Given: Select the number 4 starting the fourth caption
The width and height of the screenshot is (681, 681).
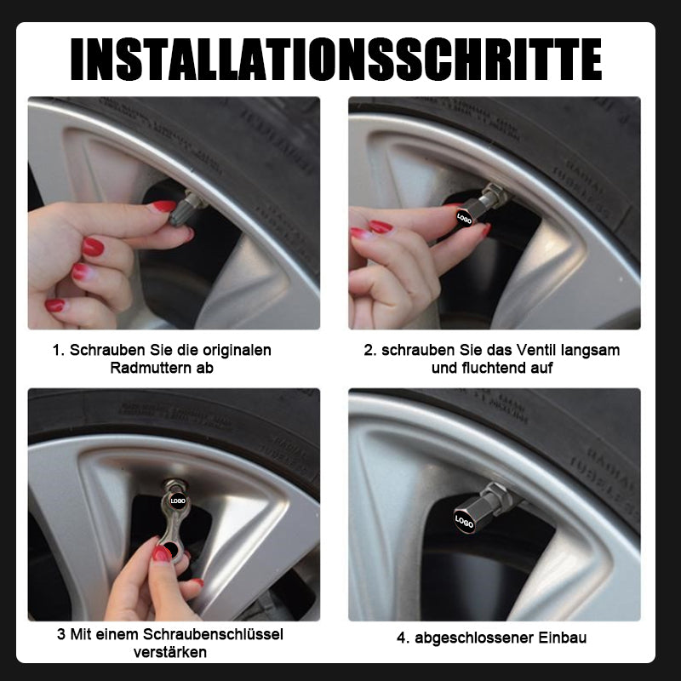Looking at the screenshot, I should point(401,638).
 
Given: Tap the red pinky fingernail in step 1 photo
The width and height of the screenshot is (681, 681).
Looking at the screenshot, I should point(55,305).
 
